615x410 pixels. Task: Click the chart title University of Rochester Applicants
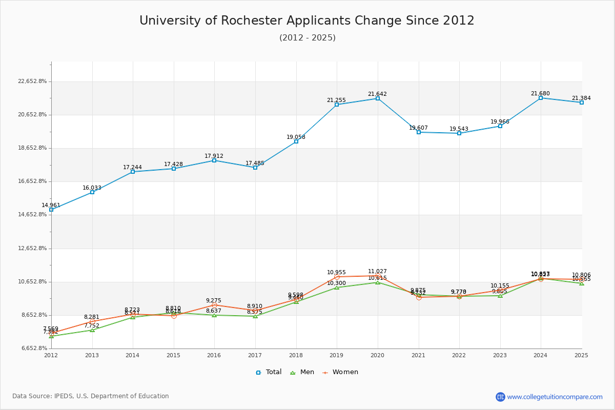(x=307, y=20)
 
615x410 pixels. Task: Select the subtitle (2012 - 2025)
(x=307, y=38)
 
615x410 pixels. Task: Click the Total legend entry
(x=269, y=372)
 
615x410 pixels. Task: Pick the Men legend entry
(x=302, y=372)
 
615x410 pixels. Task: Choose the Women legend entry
(x=340, y=372)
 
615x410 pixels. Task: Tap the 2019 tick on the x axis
(x=337, y=355)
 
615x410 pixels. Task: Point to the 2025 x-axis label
(x=581, y=355)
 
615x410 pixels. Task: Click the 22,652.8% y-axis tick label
(x=32, y=81)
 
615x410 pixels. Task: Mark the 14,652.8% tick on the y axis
(x=32, y=215)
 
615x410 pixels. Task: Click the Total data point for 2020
(x=378, y=98)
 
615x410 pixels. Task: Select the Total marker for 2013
(x=92, y=192)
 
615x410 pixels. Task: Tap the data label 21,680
(x=540, y=94)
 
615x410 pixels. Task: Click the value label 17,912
(x=214, y=156)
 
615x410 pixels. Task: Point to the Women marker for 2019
(x=337, y=277)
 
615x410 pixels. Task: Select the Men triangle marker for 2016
(x=214, y=315)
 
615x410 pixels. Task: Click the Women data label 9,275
(x=214, y=301)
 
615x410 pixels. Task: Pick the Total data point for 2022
(x=459, y=133)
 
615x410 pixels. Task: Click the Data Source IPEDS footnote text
(x=91, y=396)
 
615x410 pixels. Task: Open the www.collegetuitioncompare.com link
(x=555, y=397)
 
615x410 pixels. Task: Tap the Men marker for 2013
(x=92, y=330)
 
